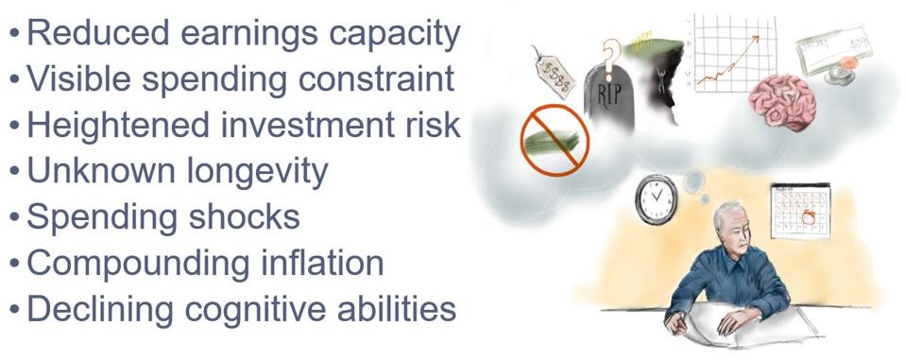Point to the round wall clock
click(656, 198)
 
